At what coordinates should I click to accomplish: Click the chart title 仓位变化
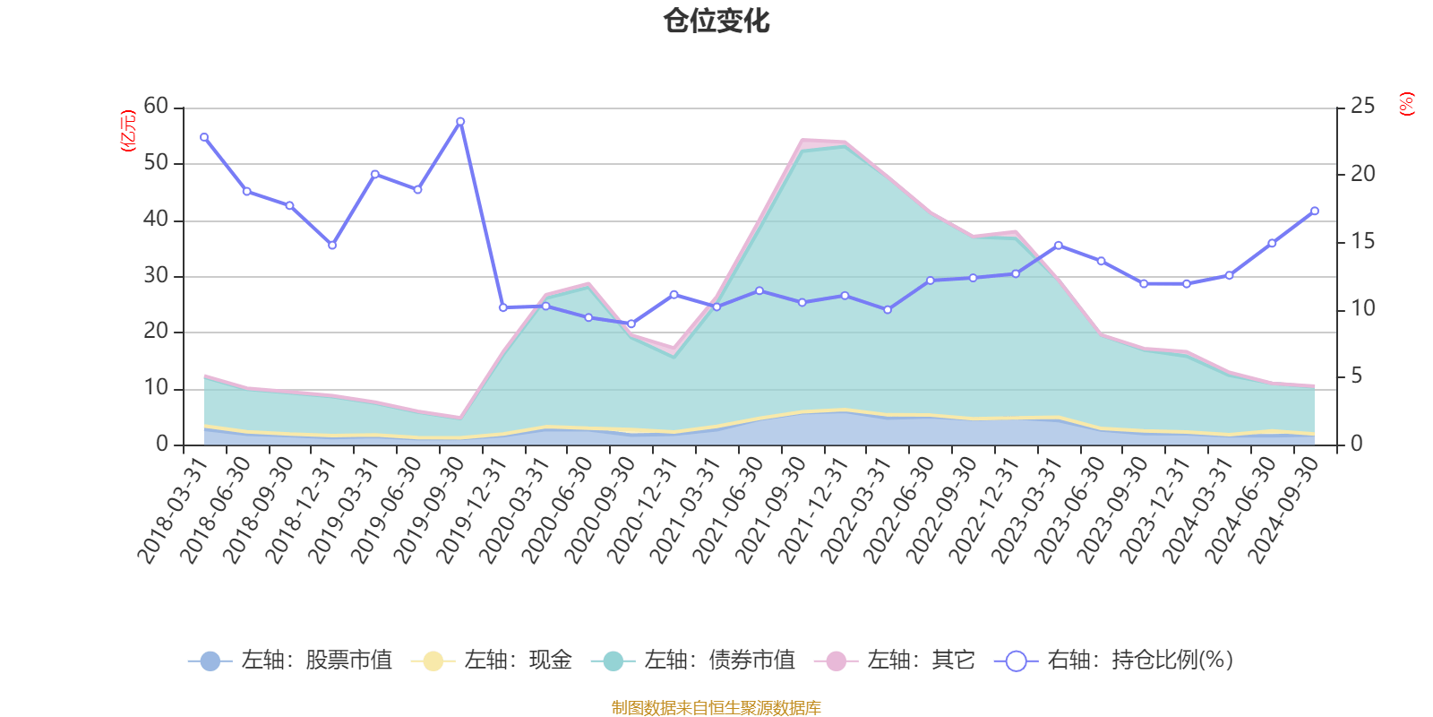(x=716, y=21)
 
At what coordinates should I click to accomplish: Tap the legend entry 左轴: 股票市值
(x=290, y=661)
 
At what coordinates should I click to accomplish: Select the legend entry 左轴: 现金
(x=492, y=661)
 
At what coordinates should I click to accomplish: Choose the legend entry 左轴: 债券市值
(x=693, y=661)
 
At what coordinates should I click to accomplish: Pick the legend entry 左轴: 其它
(x=895, y=661)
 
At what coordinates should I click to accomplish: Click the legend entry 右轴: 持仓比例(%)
(x=1114, y=661)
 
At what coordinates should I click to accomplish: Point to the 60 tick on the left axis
(x=156, y=106)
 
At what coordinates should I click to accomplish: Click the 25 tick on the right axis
(x=1362, y=106)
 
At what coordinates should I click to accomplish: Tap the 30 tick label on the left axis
(x=156, y=275)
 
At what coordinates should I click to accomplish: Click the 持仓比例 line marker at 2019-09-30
(x=460, y=121)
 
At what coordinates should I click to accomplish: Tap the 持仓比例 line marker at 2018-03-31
(x=204, y=137)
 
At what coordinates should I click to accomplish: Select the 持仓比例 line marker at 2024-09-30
(x=1315, y=211)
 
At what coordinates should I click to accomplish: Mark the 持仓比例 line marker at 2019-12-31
(x=503, y=307)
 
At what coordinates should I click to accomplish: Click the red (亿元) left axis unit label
(x=127, y=131)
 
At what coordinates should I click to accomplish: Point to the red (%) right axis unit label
(x=1407, y=104)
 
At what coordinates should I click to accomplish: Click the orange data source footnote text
(x=716, y=708)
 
